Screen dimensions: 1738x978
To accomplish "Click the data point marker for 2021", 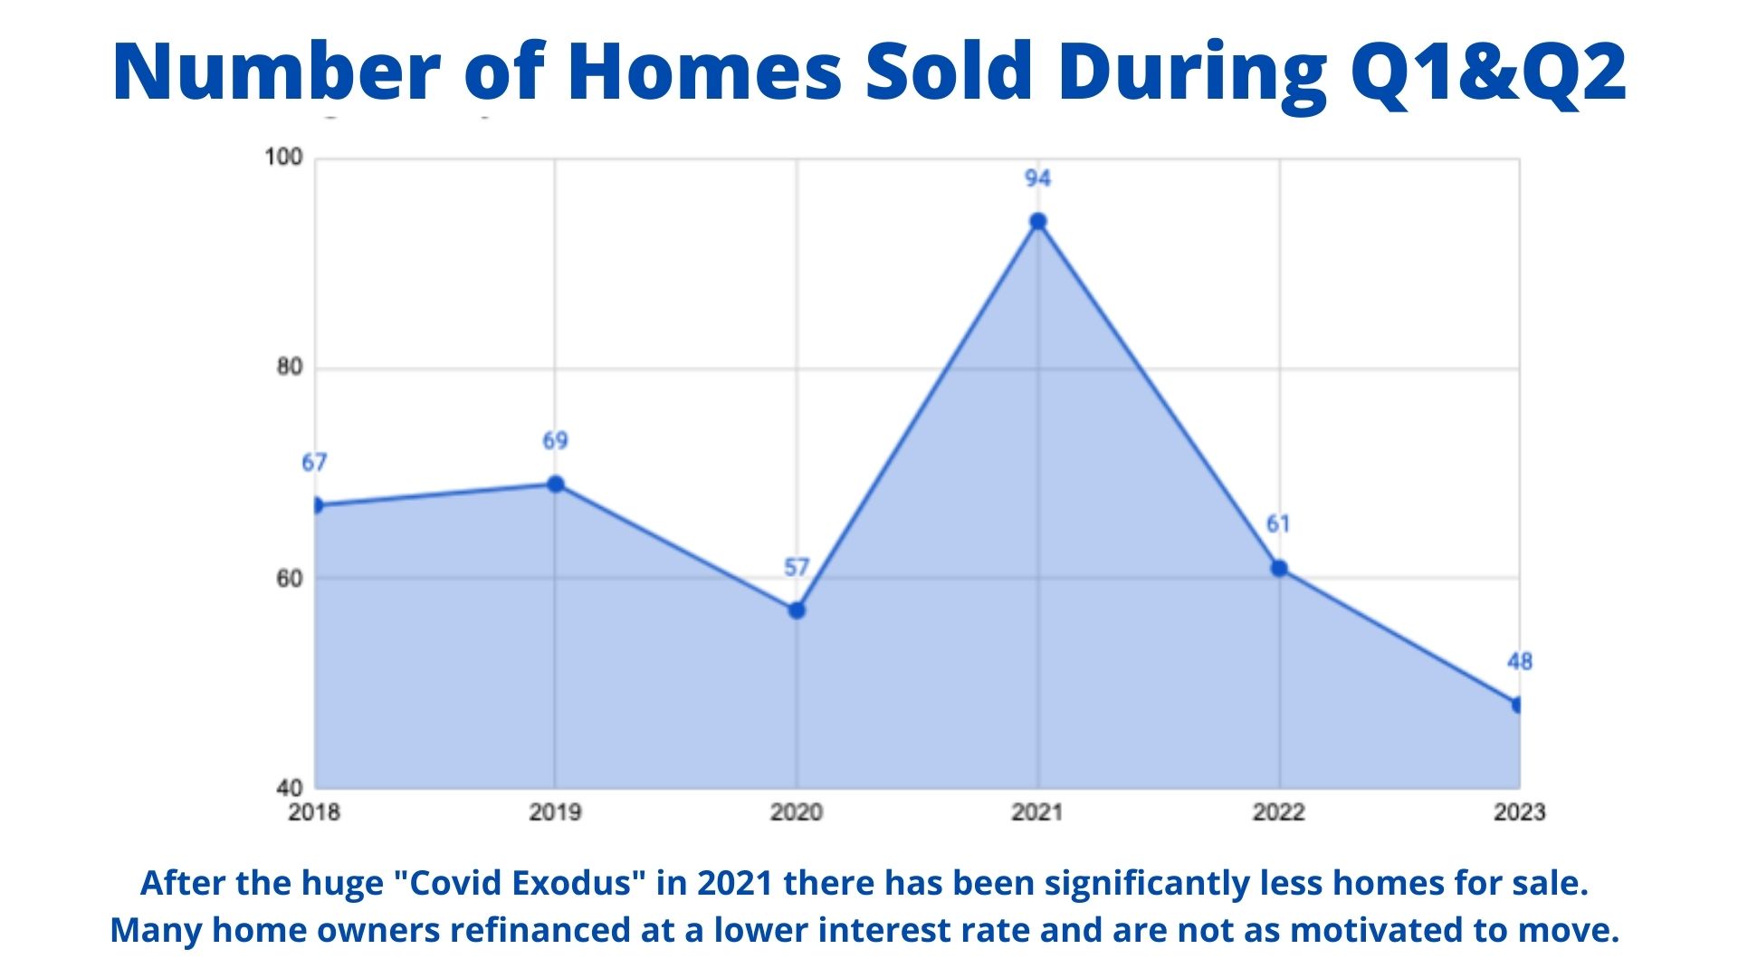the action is point(1038,222).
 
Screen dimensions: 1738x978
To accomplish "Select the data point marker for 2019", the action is point(556,484).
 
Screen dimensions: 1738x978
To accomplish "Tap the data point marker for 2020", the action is point(797,610).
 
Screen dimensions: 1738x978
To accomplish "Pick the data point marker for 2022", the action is point(1279,569).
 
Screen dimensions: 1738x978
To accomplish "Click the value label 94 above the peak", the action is point(1037,178).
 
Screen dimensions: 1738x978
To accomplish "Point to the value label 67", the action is point(314,463).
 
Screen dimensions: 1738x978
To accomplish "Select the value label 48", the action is point(1520,662).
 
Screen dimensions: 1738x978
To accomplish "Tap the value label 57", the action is point(796,568).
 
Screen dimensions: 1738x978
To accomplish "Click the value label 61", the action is point(1278,524).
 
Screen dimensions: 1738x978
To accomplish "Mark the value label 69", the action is point(555,441).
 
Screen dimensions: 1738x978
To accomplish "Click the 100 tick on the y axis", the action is point(283,157).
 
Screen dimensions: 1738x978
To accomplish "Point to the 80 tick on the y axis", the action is point(290,367).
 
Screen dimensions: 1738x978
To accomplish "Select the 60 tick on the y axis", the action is point(290,578).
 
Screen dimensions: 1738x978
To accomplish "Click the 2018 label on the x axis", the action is point(314,811).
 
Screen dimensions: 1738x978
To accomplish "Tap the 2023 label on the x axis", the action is point(1520,811).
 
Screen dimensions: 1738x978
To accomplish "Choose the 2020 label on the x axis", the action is point(797,811).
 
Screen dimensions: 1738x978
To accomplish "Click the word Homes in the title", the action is point(706,72).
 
